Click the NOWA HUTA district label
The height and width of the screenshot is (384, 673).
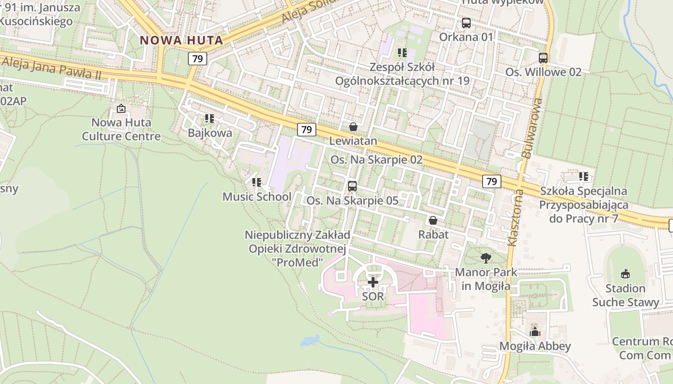(182, 40)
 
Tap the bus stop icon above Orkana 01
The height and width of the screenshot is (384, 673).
(466, 23)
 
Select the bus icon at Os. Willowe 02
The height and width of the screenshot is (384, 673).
(543, 58)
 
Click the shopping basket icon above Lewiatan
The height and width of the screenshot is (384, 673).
(353, 127)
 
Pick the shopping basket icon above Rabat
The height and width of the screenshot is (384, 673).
(433, 220)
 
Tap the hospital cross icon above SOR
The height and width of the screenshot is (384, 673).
(373, 282)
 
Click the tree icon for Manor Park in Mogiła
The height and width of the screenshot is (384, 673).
(486, 258)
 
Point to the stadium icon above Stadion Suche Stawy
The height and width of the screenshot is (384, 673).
(625, 274)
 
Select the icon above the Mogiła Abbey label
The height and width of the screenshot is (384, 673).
(535, 332)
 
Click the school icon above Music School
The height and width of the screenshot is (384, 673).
(257, 182)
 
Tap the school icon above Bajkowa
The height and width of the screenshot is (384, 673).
(210, 118)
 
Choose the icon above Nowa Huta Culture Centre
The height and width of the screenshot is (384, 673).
(121, 108)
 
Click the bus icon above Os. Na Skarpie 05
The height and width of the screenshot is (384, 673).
(352, 186)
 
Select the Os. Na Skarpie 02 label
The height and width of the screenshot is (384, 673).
(376, 160)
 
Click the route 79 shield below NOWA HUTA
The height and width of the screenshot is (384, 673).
(197, 59)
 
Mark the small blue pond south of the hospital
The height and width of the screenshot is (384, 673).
(309, 341)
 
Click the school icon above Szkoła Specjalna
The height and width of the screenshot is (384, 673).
(584, 177)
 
